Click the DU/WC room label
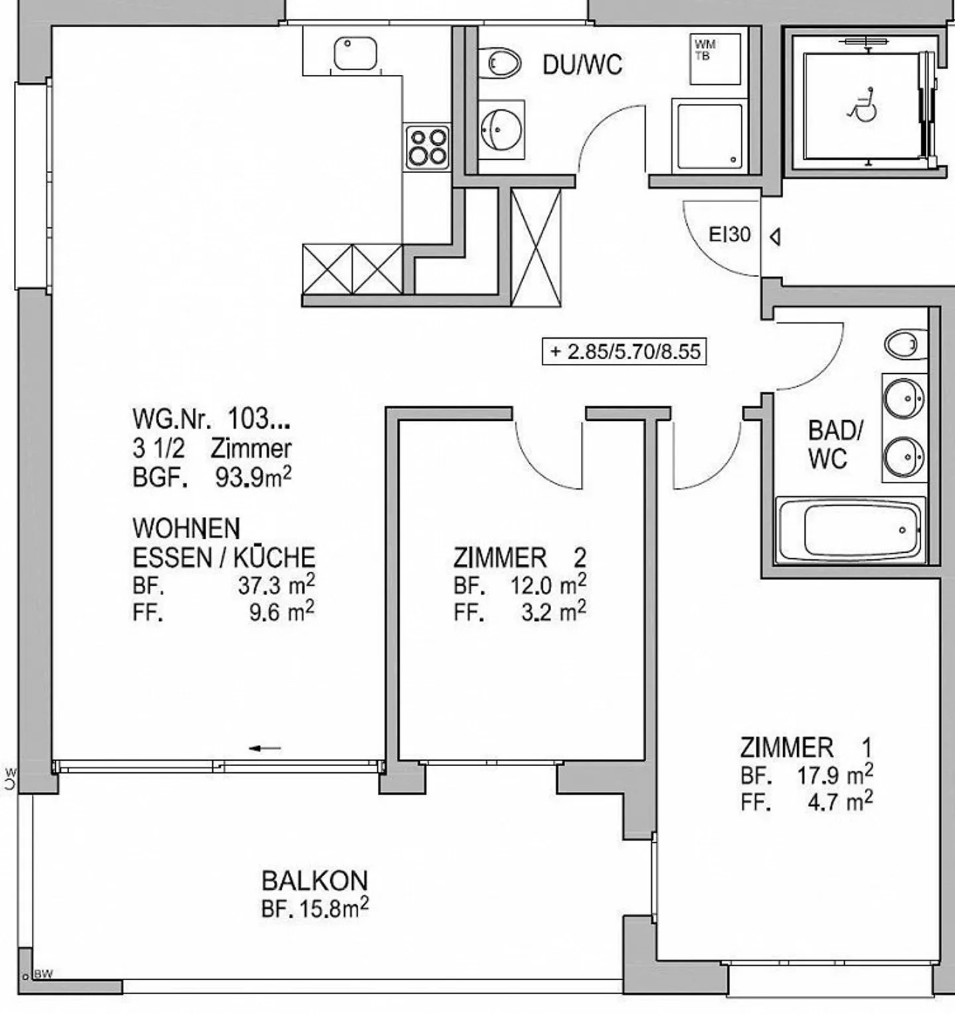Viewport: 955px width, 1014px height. click(582, 65)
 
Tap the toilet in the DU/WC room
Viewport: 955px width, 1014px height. click(503, 63)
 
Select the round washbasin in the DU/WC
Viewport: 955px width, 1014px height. click(501, 130)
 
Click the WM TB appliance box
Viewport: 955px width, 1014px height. click(714, 59)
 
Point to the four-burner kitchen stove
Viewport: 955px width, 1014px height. click(428, 147)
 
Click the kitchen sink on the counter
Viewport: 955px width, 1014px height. click(355, 54)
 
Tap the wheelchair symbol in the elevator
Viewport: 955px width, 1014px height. click(863, 105)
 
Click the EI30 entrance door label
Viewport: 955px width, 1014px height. click(730, 235)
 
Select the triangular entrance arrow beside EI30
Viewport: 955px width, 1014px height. click(774, 237)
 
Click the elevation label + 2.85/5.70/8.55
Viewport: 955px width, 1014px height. click(624, 351)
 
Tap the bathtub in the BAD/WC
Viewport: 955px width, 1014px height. click(851, 530)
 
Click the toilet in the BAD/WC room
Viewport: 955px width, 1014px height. click(905, 345)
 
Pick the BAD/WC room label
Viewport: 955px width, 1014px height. click(835, 444)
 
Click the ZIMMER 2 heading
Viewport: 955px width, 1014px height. click(519, 558)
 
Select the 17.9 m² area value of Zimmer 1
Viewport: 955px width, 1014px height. click(835, 774)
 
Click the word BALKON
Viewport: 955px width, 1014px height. click(314, 881)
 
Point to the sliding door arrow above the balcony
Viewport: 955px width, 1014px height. click(265, 748)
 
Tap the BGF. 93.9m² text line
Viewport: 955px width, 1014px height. click(212, 477)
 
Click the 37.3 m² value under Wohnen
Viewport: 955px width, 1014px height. click(276, 585)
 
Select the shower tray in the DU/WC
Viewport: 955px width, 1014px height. click(708, 136)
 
